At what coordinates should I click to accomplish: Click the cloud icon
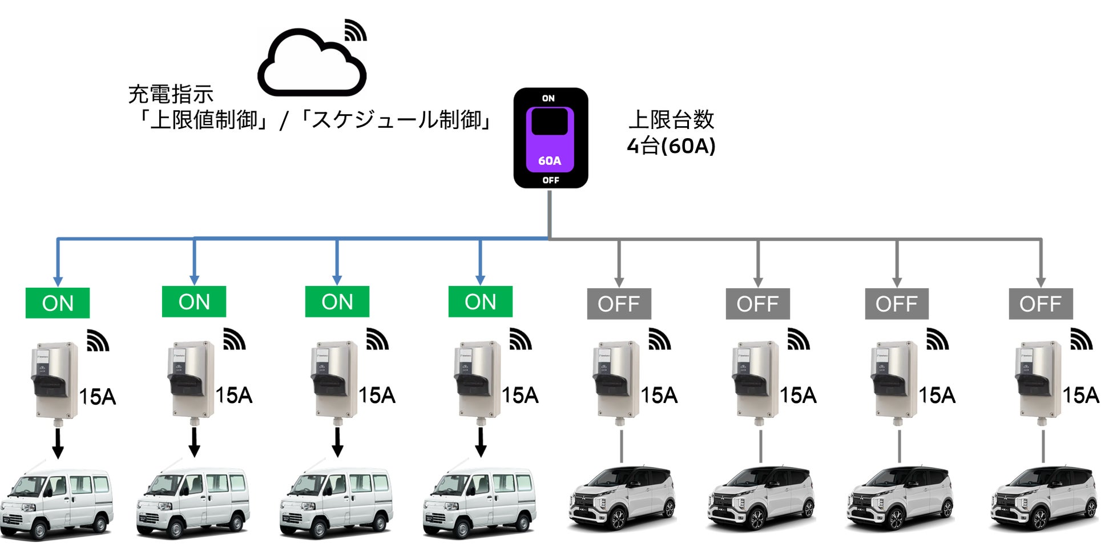tap(312, 64)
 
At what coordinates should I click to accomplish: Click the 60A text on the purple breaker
tap(550, 161)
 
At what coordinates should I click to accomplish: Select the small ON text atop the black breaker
tap(549, 98)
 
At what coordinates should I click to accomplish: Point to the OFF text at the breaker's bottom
tap(551, 180)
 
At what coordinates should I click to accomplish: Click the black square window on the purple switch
tap(550, 122)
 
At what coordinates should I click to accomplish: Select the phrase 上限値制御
tap(204, 120)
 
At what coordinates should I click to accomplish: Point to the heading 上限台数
tap(671, 120)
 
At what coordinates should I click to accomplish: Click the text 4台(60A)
tap(671, 146)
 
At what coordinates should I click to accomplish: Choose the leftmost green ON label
tap(58, 303)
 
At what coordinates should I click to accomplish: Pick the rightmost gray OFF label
tap(1041, 304)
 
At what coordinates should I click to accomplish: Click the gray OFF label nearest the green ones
tap(619, 304)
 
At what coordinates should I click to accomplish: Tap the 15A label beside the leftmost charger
tap(97, 396)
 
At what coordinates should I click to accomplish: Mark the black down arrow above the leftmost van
tap(58, 444)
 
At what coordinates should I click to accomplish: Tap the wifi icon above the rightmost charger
tap(1080, 340)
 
